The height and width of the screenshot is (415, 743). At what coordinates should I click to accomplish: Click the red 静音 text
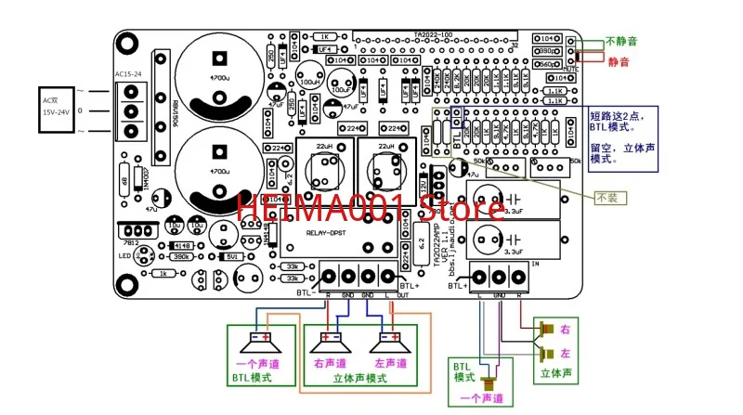coord(618,61)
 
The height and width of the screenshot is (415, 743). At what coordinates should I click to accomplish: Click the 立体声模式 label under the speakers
coord(358,379)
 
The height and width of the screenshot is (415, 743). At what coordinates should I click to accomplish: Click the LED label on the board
coord(124,256)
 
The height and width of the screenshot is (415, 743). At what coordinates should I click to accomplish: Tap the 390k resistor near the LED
coord(182,256)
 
